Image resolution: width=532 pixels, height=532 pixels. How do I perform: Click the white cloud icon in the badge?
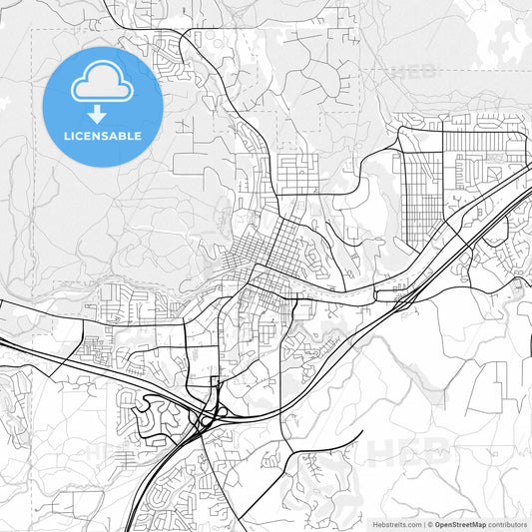(x=102, y=86)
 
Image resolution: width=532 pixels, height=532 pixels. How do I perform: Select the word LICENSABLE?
(x=102, y=135)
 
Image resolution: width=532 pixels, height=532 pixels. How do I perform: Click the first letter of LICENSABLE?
(x=66, y=135)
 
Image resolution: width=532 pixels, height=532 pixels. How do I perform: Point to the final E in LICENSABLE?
(x=138, y=135)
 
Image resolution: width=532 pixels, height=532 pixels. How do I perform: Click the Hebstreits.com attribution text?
(x=394, y=524)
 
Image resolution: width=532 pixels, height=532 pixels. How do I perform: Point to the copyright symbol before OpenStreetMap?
(x=430, y=524)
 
